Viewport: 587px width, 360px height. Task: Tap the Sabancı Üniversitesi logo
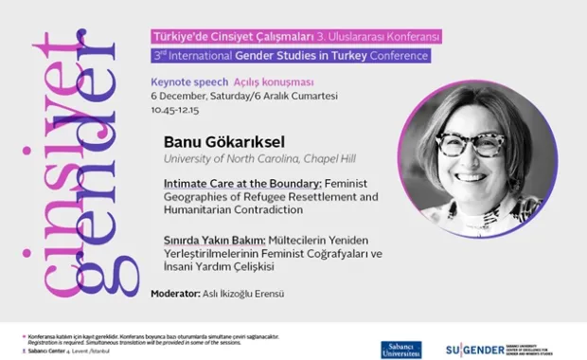click(x=401, y=349)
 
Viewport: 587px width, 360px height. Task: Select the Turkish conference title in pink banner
click(x=282, y=37)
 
